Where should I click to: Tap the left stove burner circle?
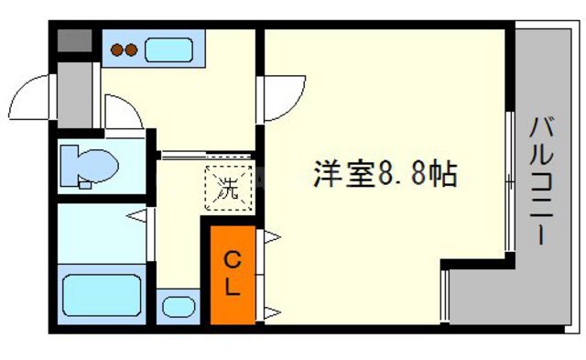(x=117, y=51)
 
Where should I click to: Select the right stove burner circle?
(x=132, y=51)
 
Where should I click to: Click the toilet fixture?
(x=91, y=166)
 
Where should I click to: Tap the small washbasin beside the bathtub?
(x=177, y=306)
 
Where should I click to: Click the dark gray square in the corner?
(x=74, y=42)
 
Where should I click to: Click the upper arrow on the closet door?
(x=271, y=236)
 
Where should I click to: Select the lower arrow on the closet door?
(x=271, y=314)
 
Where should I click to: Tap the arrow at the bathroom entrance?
(x=136, y=217)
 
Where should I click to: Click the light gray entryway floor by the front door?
(x=76, y=96)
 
